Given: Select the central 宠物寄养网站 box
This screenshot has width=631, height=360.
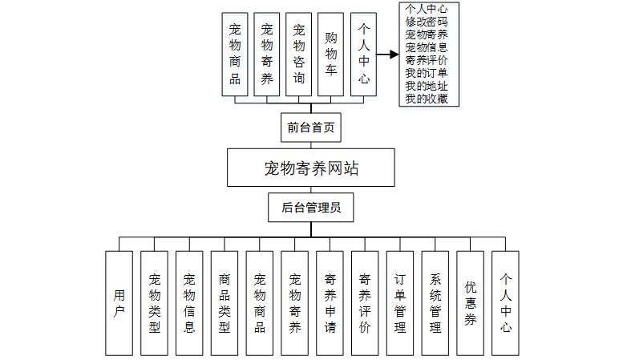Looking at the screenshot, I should tap(311, 168).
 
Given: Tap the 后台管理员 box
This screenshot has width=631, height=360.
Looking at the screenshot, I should tap(311, 208).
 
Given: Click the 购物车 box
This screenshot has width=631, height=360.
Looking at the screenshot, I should tap(331, 55).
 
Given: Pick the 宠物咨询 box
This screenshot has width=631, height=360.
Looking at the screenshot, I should tap(299, 55).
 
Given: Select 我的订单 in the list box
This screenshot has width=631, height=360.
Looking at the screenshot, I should tap(427, 73).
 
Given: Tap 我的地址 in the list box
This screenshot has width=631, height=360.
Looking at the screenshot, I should tap(427, 86).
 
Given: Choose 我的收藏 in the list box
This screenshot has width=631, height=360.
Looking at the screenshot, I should tap(427, 99).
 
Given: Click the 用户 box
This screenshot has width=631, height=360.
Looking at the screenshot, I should tap(119, 303).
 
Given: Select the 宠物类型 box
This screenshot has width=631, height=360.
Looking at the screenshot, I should tap(154, 303).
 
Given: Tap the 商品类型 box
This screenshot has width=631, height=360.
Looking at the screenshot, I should tap(224, 303).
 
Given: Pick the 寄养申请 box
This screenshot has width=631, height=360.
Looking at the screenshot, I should tap(330, 303).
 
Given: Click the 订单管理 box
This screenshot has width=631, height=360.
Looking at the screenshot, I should tap(400, 303).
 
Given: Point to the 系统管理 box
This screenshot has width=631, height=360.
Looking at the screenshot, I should tap(435, 303).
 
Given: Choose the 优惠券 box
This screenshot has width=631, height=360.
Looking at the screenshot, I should tap(471, 303).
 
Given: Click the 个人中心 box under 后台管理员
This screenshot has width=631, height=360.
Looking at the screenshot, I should tap(505, 303).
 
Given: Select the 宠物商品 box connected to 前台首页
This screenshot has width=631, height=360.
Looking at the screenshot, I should tap(235, 55).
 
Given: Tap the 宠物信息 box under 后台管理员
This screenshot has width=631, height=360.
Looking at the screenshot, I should tap(189, 303).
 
